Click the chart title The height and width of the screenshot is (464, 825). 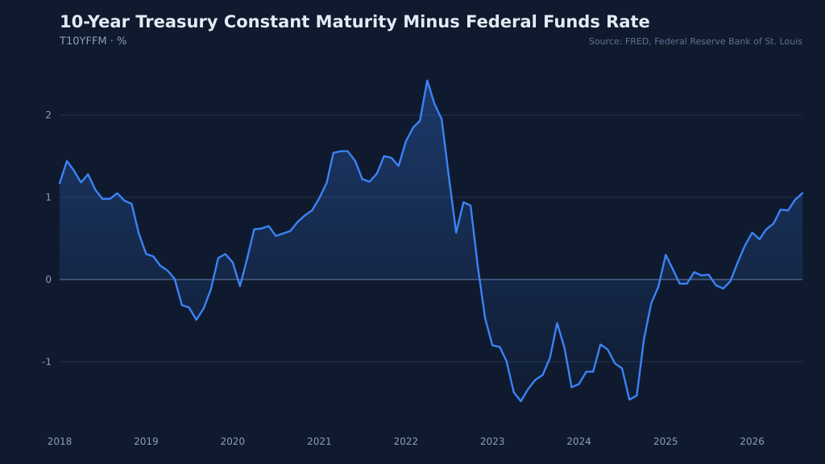pos(354,22)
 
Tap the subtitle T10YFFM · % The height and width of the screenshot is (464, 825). pos(93,41)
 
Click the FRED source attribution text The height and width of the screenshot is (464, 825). pos(695,41)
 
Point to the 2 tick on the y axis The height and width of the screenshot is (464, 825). pos(48,115)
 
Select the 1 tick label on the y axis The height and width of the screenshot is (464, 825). pos(48,197)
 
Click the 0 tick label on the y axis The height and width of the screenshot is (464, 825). pos(48,280)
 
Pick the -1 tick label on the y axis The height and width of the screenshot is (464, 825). pos(47,362)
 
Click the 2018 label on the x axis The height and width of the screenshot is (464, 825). pos(60,441)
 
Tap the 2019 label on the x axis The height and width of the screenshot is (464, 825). pos(147,441)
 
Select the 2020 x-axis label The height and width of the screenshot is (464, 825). pos(233,441)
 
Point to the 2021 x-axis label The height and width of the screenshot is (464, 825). pos(319,441)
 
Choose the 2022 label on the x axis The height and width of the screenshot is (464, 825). pos(406,441)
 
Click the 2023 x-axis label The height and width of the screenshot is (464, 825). pos(492,441)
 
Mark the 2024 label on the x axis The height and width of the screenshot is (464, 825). pos(578,441)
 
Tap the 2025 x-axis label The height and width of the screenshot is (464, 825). pos(665,441)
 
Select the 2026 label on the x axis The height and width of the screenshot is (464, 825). pos(752,441)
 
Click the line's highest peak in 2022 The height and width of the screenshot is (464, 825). pos(427,81)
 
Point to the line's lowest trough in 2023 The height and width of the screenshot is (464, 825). pos(521,401)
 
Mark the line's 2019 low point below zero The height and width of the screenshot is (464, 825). pos(197,320)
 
